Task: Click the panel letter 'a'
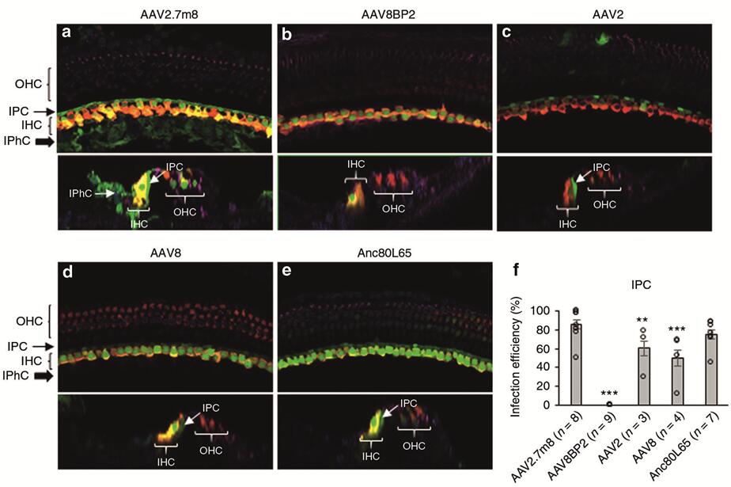[x=68, y=34]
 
